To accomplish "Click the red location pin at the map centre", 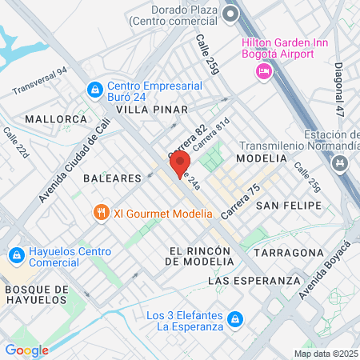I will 175,166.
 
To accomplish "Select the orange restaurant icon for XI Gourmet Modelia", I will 100,213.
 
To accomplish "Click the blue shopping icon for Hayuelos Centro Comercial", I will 15,255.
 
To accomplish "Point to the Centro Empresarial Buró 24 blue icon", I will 94,87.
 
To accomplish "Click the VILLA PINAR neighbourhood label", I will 151,109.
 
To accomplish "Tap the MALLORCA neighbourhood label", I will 55,118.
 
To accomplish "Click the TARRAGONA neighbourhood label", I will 290,252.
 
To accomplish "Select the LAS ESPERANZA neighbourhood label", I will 247,281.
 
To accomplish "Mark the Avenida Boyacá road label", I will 318,265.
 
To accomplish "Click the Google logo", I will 26,350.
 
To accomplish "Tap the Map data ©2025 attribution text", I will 326,354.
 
